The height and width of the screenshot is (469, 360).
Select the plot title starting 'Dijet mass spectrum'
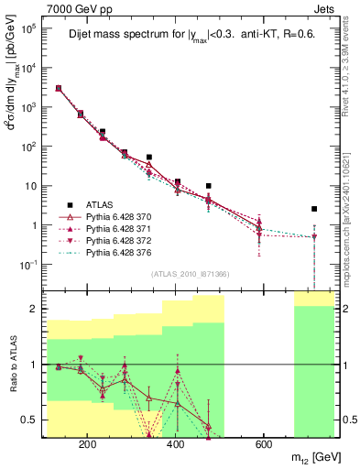pyautogui.click(x=190, y=37)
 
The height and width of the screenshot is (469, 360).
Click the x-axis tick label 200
pyautogui.click(x=88, y=445)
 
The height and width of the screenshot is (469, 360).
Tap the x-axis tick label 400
pyautogui.click(x=176, y=445)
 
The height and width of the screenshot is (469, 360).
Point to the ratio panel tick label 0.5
pyautogui.click(x=30, y=420)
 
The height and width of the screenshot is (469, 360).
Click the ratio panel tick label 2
pyautogui.click(x=35, y=309)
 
